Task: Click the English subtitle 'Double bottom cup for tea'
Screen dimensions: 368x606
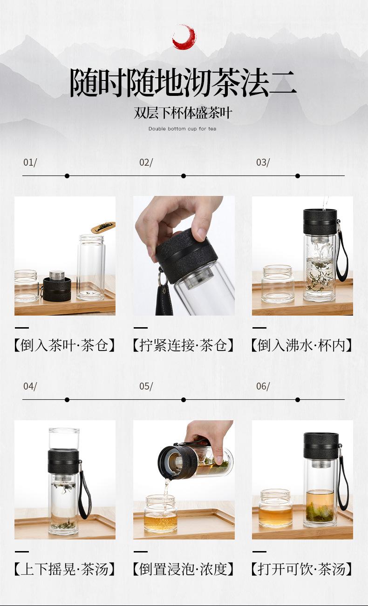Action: point(182,129)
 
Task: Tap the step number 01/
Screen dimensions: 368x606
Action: point(30,162)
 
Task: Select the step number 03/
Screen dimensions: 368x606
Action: point(263,162)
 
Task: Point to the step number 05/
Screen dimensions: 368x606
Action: point(146,386)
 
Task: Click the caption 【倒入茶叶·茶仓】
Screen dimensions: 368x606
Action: point(65,345)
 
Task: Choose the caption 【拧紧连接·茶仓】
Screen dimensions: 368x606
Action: point(184,345)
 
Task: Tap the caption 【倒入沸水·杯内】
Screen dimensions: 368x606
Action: point(302,345)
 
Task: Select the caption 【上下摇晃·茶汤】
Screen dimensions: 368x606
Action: point(65,569)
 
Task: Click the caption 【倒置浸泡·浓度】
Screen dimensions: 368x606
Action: point(184,569)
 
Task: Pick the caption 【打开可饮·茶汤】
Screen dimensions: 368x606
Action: point(302,569)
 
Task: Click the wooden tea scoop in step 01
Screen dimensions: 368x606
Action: point(103,227)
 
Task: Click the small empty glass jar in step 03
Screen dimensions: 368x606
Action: point(278,284)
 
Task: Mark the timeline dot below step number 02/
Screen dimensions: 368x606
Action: point(184,176)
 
